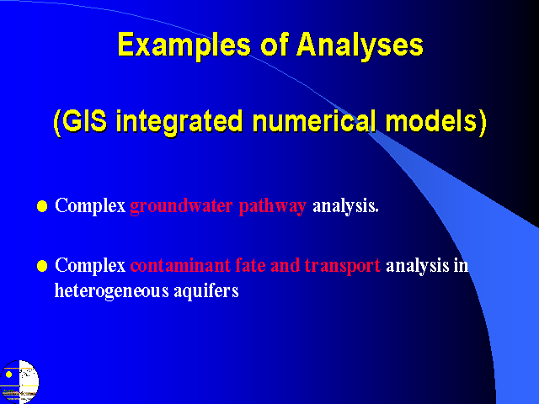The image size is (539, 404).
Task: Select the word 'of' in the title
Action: click(x=274, y=44)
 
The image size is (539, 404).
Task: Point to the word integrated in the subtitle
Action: click(x=179, y=123)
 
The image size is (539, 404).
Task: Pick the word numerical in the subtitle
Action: click(x=314, y=121)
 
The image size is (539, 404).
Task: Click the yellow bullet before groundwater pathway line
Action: click(x=42, y=206)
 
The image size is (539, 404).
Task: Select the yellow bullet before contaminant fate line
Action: click(x=42, y=266)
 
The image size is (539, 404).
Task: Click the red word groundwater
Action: click(x=181, y=207)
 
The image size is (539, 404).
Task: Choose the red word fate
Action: click(x=251, y=266)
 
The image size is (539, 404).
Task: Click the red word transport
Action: click(x=343, y=267)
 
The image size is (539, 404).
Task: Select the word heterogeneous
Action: click(x=112, y=292)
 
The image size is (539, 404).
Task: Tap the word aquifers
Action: click(x=205, y=292)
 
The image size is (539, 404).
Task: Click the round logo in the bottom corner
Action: click(x=19, y=381)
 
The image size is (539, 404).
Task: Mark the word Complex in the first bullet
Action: click(x=90, y=207)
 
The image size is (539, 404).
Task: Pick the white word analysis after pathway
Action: click(x=345, y=207)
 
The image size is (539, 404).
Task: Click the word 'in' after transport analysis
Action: click(x=461, y=266)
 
